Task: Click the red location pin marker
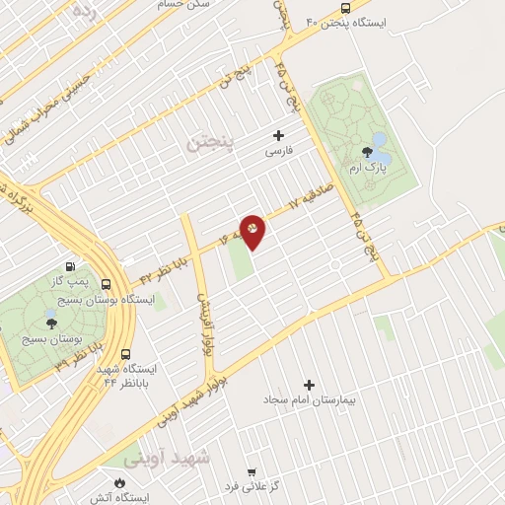[x=252, y=231]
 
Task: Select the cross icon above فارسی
[x=278, y=135]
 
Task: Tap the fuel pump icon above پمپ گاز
[x=70, y=266]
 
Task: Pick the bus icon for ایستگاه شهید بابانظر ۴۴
[x=125, y=354]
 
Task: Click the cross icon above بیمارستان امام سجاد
[x=309, y=385]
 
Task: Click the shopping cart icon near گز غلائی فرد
[x=252, y=472]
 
